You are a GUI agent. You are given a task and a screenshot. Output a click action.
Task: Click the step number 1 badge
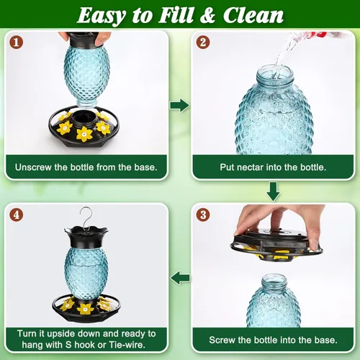[x=16, y=42]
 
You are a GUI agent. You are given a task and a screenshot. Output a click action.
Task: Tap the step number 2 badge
[x=203, y=42]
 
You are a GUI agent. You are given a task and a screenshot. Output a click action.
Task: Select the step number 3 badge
[x=203, y=215]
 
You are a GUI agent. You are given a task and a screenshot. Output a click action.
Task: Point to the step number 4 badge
[x=16, y=215]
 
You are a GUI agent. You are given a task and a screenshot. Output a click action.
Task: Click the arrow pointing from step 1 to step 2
[x=180, y=105]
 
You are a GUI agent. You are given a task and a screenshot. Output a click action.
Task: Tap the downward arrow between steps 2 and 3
[x=273, y=192]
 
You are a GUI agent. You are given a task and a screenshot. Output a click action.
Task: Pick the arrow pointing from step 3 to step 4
[x=180, y=278]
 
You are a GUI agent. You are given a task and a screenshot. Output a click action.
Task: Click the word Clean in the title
[x=253, y=16]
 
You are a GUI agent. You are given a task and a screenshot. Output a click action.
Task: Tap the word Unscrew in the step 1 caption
[x=33, y=167]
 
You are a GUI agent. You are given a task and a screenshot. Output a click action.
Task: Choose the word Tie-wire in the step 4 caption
[x=127, y=345]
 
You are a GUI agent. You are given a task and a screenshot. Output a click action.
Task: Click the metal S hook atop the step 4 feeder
[x=86, y=218]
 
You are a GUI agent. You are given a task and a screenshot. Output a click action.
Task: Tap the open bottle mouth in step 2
[x=275, y=72]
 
